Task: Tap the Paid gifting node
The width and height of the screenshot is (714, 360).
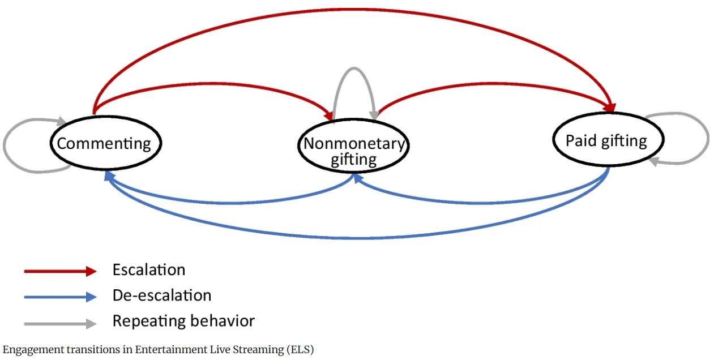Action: (x=607, y=139)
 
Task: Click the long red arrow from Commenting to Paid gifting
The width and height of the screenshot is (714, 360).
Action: (x=351, y=10)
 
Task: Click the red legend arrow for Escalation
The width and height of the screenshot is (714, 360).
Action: (x=60, y=271)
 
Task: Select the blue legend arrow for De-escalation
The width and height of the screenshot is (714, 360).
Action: (x=60, y=297)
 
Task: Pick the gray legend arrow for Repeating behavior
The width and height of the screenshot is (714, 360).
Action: (x=60, y=324)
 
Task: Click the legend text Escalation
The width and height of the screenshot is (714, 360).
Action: (x=149, y=269)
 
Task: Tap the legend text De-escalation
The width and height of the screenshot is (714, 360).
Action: (x=162, y=295)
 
